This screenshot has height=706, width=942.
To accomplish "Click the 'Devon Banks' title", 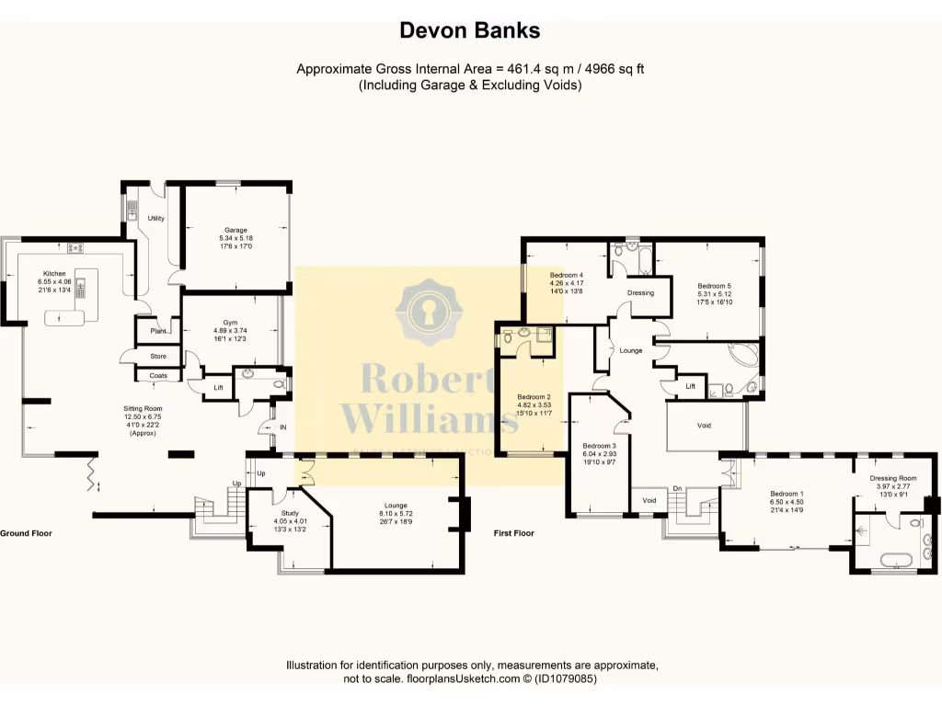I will click(x=470, y=30).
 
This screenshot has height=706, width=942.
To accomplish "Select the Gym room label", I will click(x=230, y=323).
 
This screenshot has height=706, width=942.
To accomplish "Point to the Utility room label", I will click(x=156, y=218).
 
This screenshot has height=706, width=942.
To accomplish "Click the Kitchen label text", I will click(x=53, y=272).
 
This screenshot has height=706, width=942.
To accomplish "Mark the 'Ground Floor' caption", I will click(x=26, y=533).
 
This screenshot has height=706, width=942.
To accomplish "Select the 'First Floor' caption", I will click(x=513, y=533).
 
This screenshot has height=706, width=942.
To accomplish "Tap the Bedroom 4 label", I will click(x=567, y=276).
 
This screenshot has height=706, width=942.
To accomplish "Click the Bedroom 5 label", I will click(x=713, y=286).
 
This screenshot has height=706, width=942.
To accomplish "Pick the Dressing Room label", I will click(x=893, y=478).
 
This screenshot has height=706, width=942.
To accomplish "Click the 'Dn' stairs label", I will click(x=677, y=488).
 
